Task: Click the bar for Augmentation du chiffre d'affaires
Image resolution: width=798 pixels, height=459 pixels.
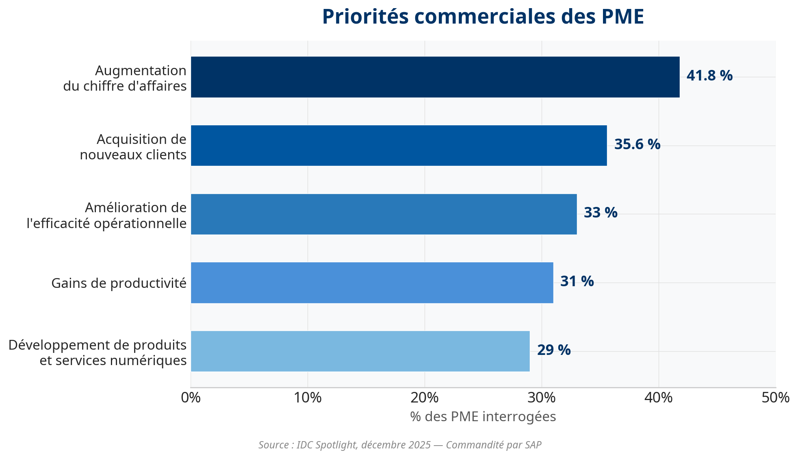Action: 435,77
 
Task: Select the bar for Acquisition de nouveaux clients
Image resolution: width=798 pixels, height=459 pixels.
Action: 399,146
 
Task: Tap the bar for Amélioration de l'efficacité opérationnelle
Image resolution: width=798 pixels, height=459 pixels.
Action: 384,214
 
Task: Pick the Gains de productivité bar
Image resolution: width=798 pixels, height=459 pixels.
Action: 372,283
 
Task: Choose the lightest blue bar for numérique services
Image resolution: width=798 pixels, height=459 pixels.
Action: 360,351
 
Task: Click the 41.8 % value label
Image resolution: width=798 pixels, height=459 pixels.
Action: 709,76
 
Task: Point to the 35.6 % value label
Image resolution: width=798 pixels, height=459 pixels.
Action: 637,144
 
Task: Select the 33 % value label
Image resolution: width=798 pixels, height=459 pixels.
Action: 601,213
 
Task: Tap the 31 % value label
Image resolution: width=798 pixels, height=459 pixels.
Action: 577,281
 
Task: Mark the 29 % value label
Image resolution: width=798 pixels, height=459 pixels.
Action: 554,350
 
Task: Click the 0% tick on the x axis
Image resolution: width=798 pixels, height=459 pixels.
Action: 191,398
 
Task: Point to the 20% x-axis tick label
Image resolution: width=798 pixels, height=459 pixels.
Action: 425,398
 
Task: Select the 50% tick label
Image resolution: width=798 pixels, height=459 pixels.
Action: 775,398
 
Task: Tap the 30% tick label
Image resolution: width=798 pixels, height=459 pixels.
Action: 542,398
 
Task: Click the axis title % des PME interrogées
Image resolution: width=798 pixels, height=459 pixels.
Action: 483,417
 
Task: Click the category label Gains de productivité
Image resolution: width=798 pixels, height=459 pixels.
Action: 119,283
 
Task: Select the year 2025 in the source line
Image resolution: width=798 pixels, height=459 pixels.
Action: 420,445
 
